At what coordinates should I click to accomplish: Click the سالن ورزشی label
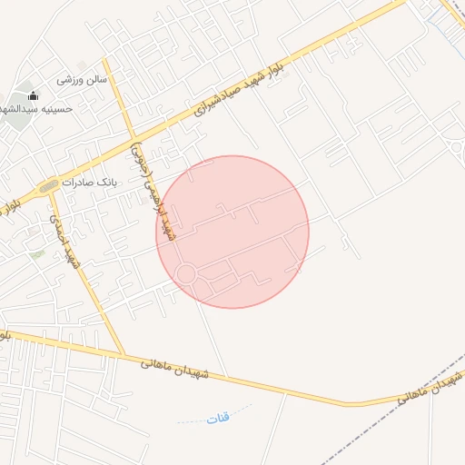[82, 79]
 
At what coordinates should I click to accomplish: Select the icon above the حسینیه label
[34, 95]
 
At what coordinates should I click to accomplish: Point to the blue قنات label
[218, 418]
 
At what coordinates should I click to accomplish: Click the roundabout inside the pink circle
[186, 273]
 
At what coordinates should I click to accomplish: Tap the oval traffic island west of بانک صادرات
[49, 186]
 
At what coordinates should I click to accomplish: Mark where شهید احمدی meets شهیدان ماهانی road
[122, 353]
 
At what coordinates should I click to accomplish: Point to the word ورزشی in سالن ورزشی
[72, 79]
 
